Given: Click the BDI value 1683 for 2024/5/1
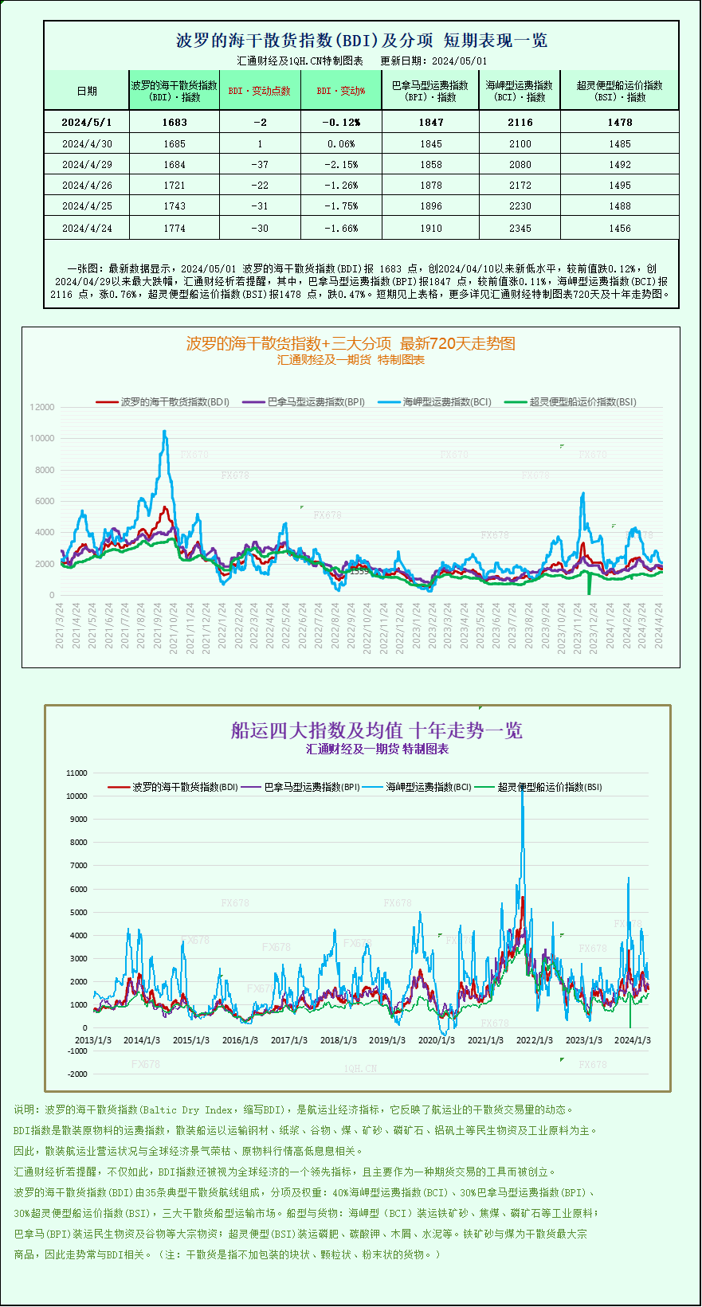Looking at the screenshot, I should click(174, 122).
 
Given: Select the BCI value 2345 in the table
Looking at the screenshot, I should click(520, 228).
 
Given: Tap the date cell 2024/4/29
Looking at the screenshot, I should click(87, 164).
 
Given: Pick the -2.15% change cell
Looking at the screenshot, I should click(341, 164).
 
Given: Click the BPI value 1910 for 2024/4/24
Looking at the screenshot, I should click(430, 228).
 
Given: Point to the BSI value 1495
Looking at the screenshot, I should click(619, 185).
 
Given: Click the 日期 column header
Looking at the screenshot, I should click(87, 91).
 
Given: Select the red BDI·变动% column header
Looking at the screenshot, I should click(341, 91).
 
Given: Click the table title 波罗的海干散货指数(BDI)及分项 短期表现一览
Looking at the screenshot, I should click(361, 40).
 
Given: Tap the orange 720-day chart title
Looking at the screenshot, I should click(351, 343).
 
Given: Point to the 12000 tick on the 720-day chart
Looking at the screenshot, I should click(42, 407).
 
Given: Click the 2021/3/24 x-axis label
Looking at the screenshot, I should click(60, 625).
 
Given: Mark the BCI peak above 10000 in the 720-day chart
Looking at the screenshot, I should click(164, 432).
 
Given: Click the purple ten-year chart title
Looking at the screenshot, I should click(376, 730).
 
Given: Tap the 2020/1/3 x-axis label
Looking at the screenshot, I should click(437, 1040).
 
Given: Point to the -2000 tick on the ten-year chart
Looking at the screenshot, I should click(77, 1074).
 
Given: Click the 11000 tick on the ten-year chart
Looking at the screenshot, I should click(77, 773).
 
